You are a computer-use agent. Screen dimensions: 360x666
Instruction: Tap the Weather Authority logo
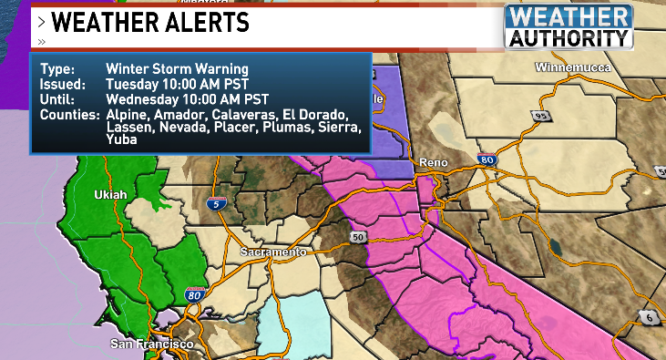click(569, 26)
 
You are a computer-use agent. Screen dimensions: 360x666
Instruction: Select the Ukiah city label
click(110, 195)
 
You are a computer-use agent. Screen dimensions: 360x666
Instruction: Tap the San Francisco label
click(151, 344)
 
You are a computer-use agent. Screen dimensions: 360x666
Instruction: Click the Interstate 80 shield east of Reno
click(489, 160)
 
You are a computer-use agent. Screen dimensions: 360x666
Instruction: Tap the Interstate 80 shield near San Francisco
click(192, 294)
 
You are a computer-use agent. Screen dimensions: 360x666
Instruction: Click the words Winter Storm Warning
click(177, 69)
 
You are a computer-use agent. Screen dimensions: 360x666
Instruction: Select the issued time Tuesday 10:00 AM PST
click(170, 84)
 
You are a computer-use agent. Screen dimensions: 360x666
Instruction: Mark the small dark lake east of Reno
click(554, 245)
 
